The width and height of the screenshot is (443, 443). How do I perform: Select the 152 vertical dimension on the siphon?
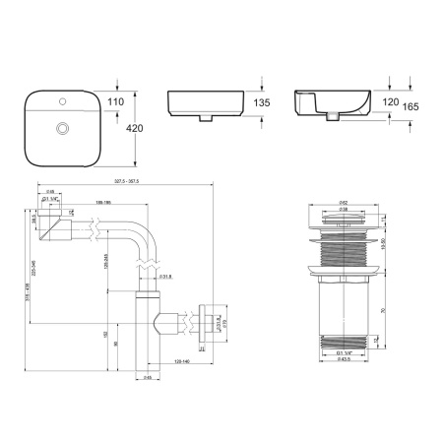[x=105, y=335]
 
